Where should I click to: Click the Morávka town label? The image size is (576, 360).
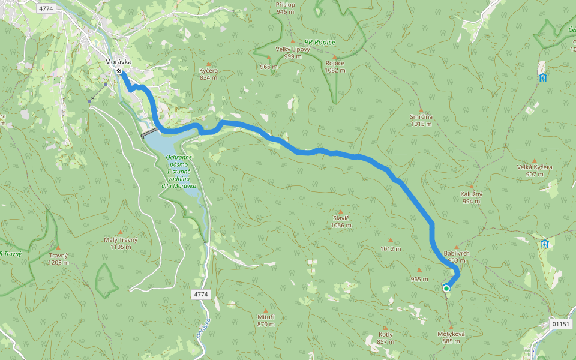(x=118, y=61)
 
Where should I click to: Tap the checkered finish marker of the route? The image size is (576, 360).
(x=119, y=71)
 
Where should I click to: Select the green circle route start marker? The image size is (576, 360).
(x=446, y=289)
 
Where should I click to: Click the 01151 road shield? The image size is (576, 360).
(x=560, y=324)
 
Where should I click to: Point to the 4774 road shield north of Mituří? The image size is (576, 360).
(x=201, y=295)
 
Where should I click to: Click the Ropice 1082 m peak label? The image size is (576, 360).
(x=335, y=67)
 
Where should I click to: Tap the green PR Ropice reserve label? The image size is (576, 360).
(x=320, y=41)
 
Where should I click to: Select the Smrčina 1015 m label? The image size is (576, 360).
(x=421, y=120)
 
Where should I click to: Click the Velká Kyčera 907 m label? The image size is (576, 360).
(x=534, y=170)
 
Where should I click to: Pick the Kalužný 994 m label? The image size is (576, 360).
(x=472, y=197)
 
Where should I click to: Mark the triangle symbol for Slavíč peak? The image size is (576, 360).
(x=340, y=212)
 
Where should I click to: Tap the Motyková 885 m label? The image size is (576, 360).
(x=451, y=337)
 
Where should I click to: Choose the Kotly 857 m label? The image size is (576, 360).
(x=386, y=338)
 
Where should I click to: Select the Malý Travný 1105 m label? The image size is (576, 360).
(x=121, y=243)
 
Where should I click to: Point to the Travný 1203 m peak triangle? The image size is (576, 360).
(x=58, y=247)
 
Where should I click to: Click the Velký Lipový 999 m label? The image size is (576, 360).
(x=293, y=52)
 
